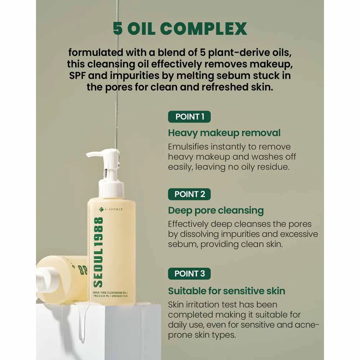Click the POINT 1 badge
189,117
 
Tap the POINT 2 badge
189,194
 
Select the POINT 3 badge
189,274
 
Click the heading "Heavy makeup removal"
224,133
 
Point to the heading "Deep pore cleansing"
216,211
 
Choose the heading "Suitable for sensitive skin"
226,291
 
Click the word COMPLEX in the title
203,29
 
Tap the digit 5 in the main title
118,29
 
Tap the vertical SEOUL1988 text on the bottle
99,252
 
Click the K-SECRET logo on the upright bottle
111,209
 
